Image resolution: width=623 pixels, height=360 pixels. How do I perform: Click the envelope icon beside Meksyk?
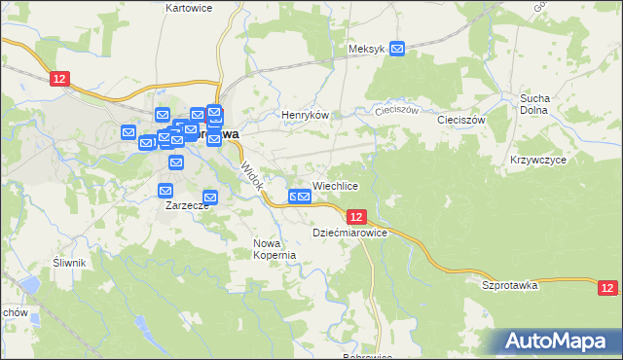coord(398,48)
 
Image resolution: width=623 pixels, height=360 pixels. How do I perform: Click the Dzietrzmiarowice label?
coord(350,234)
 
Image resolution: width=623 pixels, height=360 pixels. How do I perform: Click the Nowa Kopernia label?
coord(274,249)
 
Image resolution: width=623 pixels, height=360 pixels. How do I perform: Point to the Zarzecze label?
coord(186,206)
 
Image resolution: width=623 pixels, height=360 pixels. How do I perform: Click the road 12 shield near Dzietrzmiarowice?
coord(356,217)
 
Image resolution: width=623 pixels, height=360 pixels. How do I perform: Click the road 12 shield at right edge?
coord(607,287)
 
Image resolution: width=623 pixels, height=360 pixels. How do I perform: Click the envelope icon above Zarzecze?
coord(165,190)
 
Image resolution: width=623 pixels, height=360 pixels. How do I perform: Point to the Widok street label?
coord(251,176)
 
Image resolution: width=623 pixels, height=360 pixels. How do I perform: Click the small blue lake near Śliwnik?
coord(29,285)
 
